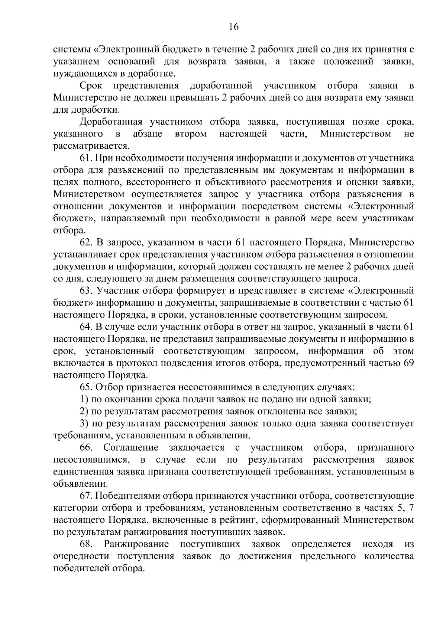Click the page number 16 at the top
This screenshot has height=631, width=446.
coord(233,27)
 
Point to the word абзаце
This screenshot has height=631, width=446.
coord(148,134)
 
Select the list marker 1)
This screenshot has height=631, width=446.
coord(84,399)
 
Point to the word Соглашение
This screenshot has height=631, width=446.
coord(131,447)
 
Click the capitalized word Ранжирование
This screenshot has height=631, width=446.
coord(136,544)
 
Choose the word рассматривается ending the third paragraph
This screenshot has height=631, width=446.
coord(91,146)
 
